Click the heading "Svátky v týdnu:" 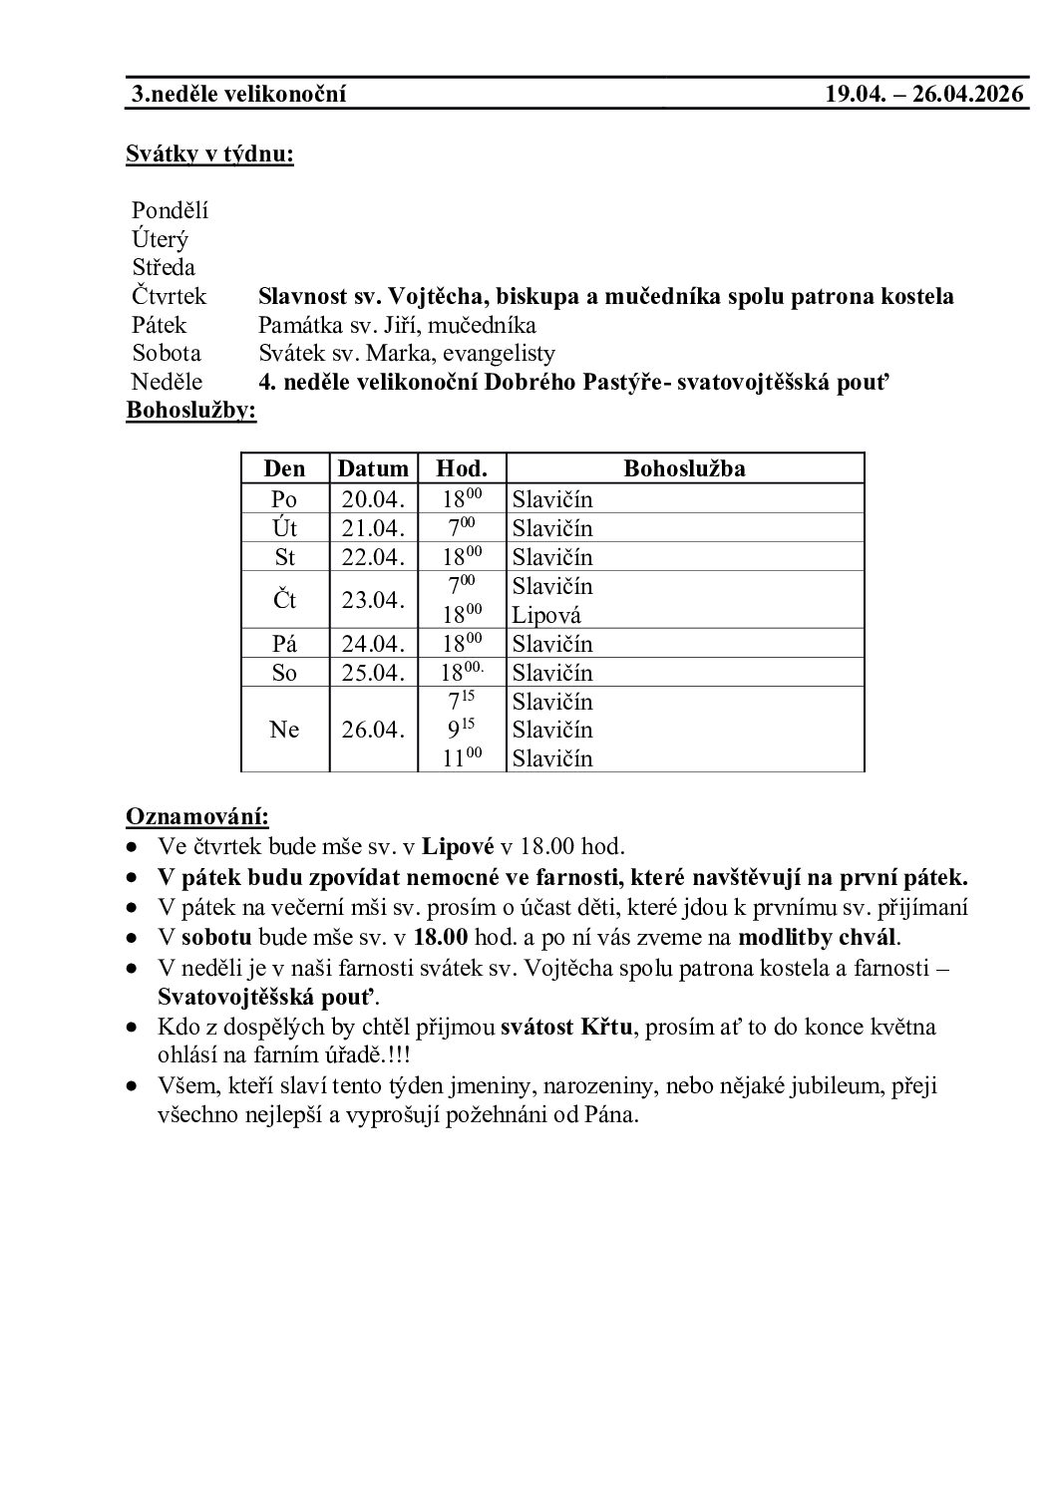click(x=209, y=154)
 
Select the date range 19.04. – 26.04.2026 click(x=924, y=95)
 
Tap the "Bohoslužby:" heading click(x=190, y=411)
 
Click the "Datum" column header click(x=373, y=468)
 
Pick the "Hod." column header click(x=462, y=468)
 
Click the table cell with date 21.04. click(x=373, y=528)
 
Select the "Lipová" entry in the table click(x=546, y=615)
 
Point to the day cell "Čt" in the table click(x=284, y=600)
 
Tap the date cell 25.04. click(x=373, y=673)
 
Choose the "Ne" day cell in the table click(x=284, y=730)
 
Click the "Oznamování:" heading click(x=196, y=817)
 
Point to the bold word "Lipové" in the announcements click(x=459, y=847)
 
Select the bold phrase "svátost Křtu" click(x=565, y=1028)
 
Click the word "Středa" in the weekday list click(x=164, y=267)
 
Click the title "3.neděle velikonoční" click(x=239, y=95)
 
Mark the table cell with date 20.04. click(x=373, y=499)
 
